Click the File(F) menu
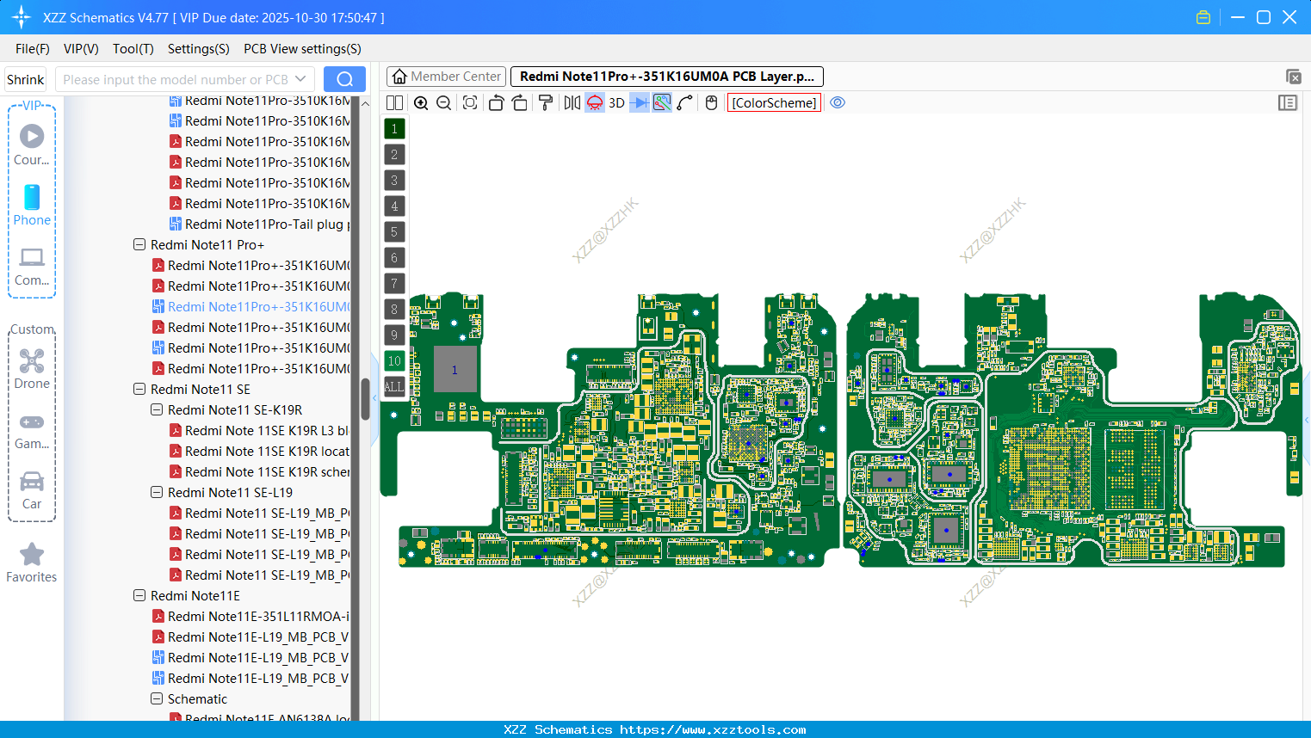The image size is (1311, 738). point(32,49)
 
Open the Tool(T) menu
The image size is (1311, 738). point(133,49)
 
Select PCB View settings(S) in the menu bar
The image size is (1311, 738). point(302,49)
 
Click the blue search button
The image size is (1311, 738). point(344,79)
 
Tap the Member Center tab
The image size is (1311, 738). point(447,77)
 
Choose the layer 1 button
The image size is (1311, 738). point(394,129)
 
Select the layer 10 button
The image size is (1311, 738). point(394,361)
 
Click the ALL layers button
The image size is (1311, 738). point(394,387)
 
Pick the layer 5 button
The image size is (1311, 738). point(394,232)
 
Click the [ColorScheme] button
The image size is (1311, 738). point(774,103)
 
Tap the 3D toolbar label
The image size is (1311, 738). point(616,103)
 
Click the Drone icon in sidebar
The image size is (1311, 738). point(32,368)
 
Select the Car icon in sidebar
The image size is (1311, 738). point(32,489)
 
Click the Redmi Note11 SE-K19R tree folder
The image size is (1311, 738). point(234,410)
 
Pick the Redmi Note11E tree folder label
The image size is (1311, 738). point(195,596)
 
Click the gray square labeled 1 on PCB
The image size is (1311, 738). point(455,370)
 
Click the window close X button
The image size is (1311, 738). point(1289,17)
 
